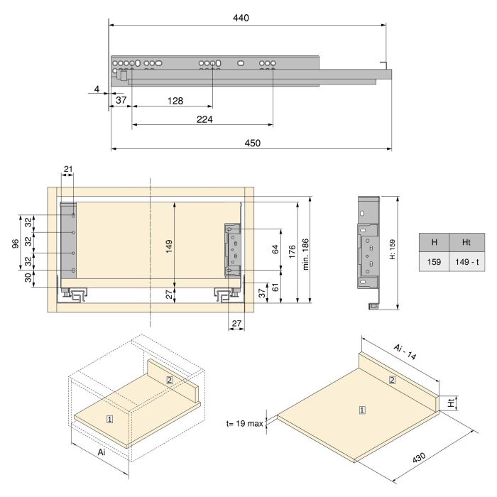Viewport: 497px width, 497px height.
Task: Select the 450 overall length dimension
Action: pos(252,143)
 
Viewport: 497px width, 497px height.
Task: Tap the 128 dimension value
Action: pos(175,101)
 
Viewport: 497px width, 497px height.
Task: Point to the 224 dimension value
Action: pos(204,119)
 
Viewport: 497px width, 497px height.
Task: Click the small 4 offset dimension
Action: pos(96,89)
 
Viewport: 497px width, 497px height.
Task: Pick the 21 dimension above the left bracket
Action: pos(68,169)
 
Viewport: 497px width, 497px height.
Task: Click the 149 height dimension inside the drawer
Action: pos(169,246)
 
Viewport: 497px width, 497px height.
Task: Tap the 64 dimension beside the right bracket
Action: pos(275,249)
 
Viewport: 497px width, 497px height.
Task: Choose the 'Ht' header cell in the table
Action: pos(466,242)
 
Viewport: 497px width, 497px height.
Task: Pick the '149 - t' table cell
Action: pos(466,262)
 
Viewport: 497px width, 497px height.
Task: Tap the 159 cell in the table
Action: pos(434,262)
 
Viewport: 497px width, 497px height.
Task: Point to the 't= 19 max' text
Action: pos(244,423)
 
